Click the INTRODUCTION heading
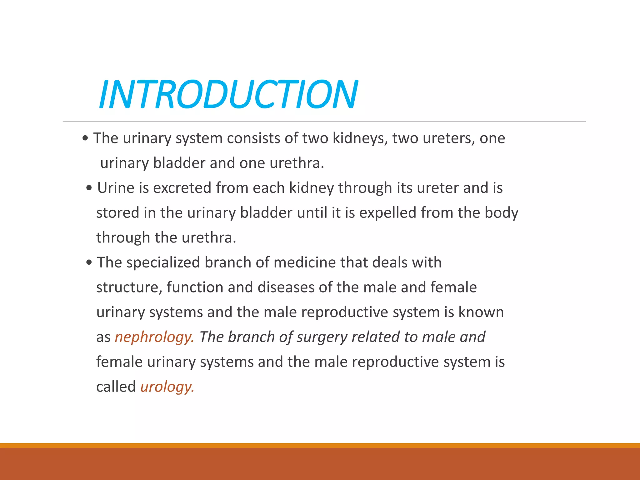[x=228, y=94]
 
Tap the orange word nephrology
[x=154, y=337]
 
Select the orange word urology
[x=167, y=387]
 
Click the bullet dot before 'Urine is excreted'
[x=89, y=188]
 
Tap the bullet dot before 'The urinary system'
[x=85, y=138]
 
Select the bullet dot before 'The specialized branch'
[x=89, y=262]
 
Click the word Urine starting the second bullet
[x=116, y=188]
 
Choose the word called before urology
[x=116, y=387]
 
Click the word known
[x=481, y=312]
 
